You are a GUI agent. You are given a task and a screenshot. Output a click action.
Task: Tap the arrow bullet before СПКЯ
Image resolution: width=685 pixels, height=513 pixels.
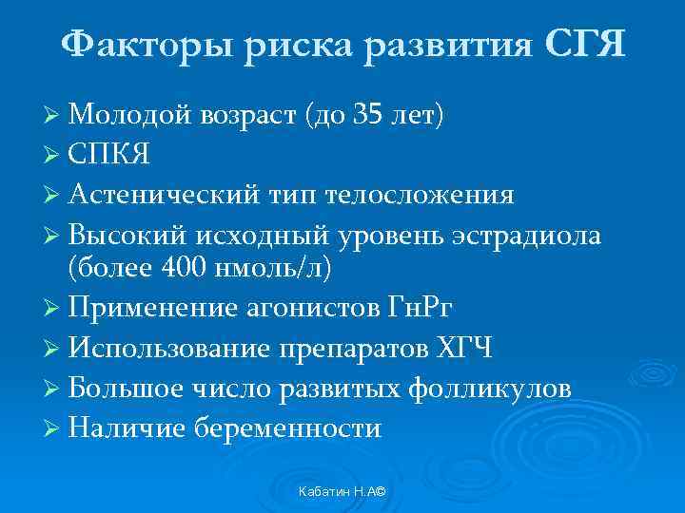[52, 156]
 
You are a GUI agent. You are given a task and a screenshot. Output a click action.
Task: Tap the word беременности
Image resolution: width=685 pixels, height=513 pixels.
[287, 428]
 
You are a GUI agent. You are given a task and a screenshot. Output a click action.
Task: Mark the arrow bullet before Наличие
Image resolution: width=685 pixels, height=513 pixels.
[52, 428]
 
